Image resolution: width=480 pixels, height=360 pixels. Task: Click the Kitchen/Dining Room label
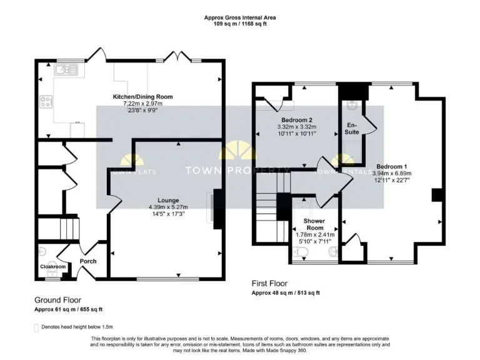point(142,97)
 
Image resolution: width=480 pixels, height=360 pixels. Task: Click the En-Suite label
point(353,129)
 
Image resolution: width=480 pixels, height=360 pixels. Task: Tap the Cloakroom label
point(53,266)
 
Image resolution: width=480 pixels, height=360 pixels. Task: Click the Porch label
point(88,261)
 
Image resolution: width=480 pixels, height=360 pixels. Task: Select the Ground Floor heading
point(57,300)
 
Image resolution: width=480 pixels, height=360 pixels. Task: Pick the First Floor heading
point(269,283)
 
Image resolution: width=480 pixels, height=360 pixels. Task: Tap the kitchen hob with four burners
point(46,101)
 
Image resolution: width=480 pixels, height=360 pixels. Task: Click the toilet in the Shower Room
point(302,252)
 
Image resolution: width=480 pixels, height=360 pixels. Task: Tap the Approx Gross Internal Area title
point(240,17)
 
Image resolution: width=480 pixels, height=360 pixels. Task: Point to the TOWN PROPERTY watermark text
point(237,171)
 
